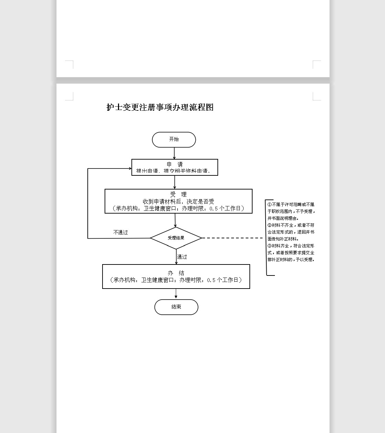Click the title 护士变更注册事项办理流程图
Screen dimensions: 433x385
tap(160, 107)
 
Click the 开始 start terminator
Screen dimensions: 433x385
tap(174, 140)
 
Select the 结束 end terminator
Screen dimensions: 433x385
tap(176, 307)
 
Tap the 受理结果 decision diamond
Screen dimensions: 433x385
tap(176, 238)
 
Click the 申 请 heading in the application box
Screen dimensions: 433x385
tap(175, 164)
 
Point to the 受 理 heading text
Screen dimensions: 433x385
tap(178, 194)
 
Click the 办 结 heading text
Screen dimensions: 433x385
tap(176, 273)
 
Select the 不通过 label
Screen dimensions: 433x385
tap(120, 232)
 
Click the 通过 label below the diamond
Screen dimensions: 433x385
tap(182, 257)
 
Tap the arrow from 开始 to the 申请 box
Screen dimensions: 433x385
tap(174, 153)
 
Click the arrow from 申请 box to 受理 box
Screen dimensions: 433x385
tap(175, 182)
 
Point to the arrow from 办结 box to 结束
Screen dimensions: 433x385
tap(176, 294)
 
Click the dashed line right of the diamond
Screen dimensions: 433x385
tap(232, 238)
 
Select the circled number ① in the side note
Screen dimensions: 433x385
tap(269, 205)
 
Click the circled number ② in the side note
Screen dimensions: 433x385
tap(269, 225)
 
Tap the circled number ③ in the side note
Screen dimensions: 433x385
tap(269, 246)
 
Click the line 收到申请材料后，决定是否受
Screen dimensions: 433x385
tap(179, 202)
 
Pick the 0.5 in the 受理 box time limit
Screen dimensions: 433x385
tap(213, 209)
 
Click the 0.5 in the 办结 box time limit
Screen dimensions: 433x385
tap(211, 280)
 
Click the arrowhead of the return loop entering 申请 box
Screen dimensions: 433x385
tap(130, 169)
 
